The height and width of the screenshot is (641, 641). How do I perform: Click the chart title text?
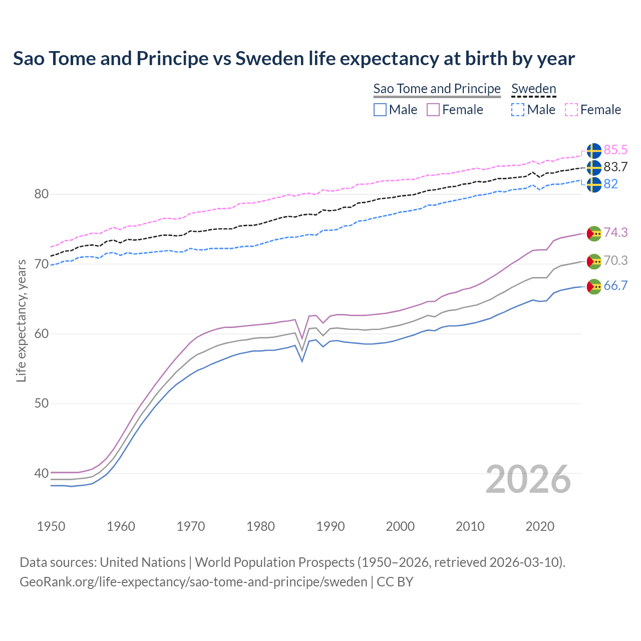[x=294, y=59]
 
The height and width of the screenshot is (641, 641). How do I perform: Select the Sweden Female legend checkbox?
[x=571, y=110]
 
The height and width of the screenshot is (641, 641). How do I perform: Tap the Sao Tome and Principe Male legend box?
[x=380, y=110]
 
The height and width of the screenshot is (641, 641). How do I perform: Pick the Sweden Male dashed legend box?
[x=518, y=110]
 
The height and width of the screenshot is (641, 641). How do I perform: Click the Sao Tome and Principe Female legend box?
[x=433, y=110]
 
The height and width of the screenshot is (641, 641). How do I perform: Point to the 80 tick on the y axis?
[x=41, y=194]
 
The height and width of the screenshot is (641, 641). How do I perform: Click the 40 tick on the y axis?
[x=41, y=473]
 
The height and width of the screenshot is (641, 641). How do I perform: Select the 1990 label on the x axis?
[x=331, y=526]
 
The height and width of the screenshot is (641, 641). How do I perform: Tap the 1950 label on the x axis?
[x=51, y=526]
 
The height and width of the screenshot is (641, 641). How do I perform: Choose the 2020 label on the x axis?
[x=540, y=526]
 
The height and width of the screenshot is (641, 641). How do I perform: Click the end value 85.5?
[x=615, y=150]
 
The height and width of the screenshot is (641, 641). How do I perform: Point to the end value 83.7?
[x=615, y=167]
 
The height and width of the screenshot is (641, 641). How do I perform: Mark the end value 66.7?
[x=615, y=285]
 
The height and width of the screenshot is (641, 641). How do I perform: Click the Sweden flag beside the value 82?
[x=594, y=184]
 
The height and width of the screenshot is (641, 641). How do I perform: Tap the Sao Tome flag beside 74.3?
[x=594, y=233]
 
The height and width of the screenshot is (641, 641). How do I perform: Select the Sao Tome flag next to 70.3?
[x=594, y=261]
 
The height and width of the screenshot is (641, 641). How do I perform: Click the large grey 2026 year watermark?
[x=528, y=479]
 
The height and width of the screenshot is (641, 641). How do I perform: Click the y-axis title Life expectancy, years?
[x=22, y=320]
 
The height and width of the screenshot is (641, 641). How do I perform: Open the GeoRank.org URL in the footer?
[x=193, y=582]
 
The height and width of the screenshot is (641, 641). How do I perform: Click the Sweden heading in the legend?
[x=533, y=89]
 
